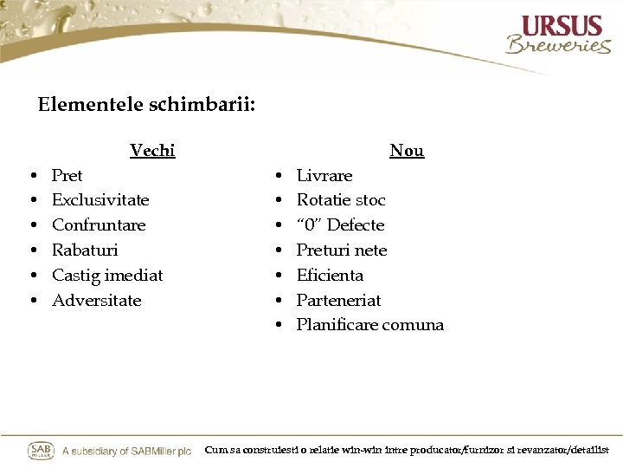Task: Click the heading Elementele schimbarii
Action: [146, 105]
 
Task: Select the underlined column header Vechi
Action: [152, 151]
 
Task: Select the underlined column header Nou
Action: [407, 151]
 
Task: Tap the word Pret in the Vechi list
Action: [67, 176]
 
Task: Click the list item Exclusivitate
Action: [100, 200]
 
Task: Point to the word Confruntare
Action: [99, 225]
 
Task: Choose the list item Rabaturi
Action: [85, 250]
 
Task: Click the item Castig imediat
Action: [107, 276]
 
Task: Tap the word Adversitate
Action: [96, 301]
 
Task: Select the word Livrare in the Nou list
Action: [324, 176]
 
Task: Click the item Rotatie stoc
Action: [341, 200]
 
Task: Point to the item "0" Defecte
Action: [340, 225]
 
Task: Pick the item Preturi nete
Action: [342, 250]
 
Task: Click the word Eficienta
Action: [330, 276]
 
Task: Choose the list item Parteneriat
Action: [338, 301]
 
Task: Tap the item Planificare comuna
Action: [369, 326]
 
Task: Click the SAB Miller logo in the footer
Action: [41, 451]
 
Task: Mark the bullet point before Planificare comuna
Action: [279, 326]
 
